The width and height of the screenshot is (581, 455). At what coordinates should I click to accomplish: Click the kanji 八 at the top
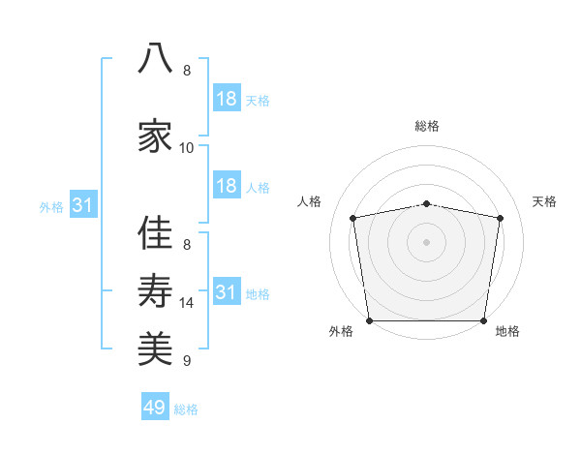(x=155, y=58)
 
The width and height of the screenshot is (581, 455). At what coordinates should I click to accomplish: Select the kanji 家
(x=155, y=136)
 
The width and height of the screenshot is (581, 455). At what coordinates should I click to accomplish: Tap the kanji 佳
(x=155, y=232)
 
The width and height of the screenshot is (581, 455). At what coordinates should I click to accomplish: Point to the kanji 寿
(x=155, y=290)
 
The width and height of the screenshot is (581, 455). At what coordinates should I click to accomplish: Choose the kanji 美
(x=155, y=349)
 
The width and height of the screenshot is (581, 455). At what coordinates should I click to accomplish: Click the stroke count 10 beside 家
(x=186, y=148)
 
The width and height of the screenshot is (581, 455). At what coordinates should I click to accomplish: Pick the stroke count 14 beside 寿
(x=186, y=303)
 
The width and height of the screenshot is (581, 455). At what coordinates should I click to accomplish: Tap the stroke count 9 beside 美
(x=187, y=360)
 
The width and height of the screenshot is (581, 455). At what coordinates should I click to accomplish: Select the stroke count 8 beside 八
(x=187, y=71)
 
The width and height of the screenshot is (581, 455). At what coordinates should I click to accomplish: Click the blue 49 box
(x=155, y=406)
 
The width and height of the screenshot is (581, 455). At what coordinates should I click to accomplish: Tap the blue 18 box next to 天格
(x=227, y=98)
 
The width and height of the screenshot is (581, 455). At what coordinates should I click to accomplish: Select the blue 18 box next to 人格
(x=227, y=185)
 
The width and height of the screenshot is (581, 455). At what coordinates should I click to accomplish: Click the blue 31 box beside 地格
(x=227, y=290)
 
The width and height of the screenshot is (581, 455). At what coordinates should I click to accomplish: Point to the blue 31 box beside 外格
(x=83, y=204)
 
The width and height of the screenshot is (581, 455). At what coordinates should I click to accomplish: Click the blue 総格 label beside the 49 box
(x=186, y=409)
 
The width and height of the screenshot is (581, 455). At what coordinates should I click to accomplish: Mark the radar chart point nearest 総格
(x=426, y=204)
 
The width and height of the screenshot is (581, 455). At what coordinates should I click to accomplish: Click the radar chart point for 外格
(x=369, y=320)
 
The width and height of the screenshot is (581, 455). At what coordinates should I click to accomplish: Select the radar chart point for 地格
(x=483, y=320)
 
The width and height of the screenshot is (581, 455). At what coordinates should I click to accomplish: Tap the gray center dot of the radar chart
(x=426, y=242)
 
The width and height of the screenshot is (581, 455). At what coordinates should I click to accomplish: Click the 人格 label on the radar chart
(x=309, y=201)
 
